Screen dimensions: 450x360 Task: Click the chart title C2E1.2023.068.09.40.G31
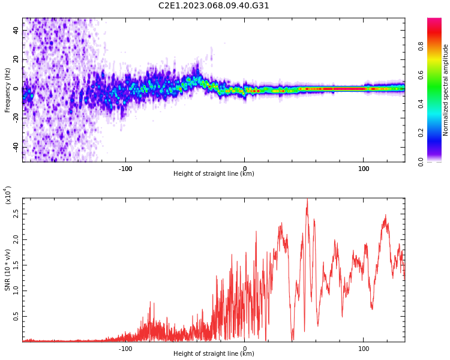click(x=214, y=6)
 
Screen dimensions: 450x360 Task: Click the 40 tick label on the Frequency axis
click(x=16, y=30)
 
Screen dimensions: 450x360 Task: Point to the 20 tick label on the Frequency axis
click(x=16, y=59)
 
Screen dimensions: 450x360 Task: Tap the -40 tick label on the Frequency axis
click(x=16, y=148)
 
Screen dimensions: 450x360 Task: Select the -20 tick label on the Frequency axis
click(x=16, y=118)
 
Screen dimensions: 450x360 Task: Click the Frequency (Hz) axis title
click(x=7, y=90)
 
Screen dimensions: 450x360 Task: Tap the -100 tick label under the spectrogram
click(x=125, y=169)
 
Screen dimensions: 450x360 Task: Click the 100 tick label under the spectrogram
click(x=364, y=169)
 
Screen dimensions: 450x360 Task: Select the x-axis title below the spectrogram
click(x=214, y=173)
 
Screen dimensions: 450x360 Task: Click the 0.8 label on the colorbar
click(x=421, y=46)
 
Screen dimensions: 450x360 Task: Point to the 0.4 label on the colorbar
click(x=421, y=104)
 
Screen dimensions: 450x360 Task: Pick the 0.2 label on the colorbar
click(x=421, y=133)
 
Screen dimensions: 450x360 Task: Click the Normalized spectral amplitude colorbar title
click(x=445, y=90)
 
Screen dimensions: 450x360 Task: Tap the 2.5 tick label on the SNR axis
click(x=16, y=214)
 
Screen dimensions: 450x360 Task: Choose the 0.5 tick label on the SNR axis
click(x=16, y=316)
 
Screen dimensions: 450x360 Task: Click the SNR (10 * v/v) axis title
click(x=7, y=269)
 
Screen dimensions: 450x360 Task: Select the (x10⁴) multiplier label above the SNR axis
click(x=7, y=195)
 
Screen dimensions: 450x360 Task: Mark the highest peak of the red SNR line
click(x=307, y=199)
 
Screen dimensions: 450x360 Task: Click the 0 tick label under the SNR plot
click(x=245, y=349)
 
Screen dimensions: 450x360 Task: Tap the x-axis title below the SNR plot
click(x=214, y=353)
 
